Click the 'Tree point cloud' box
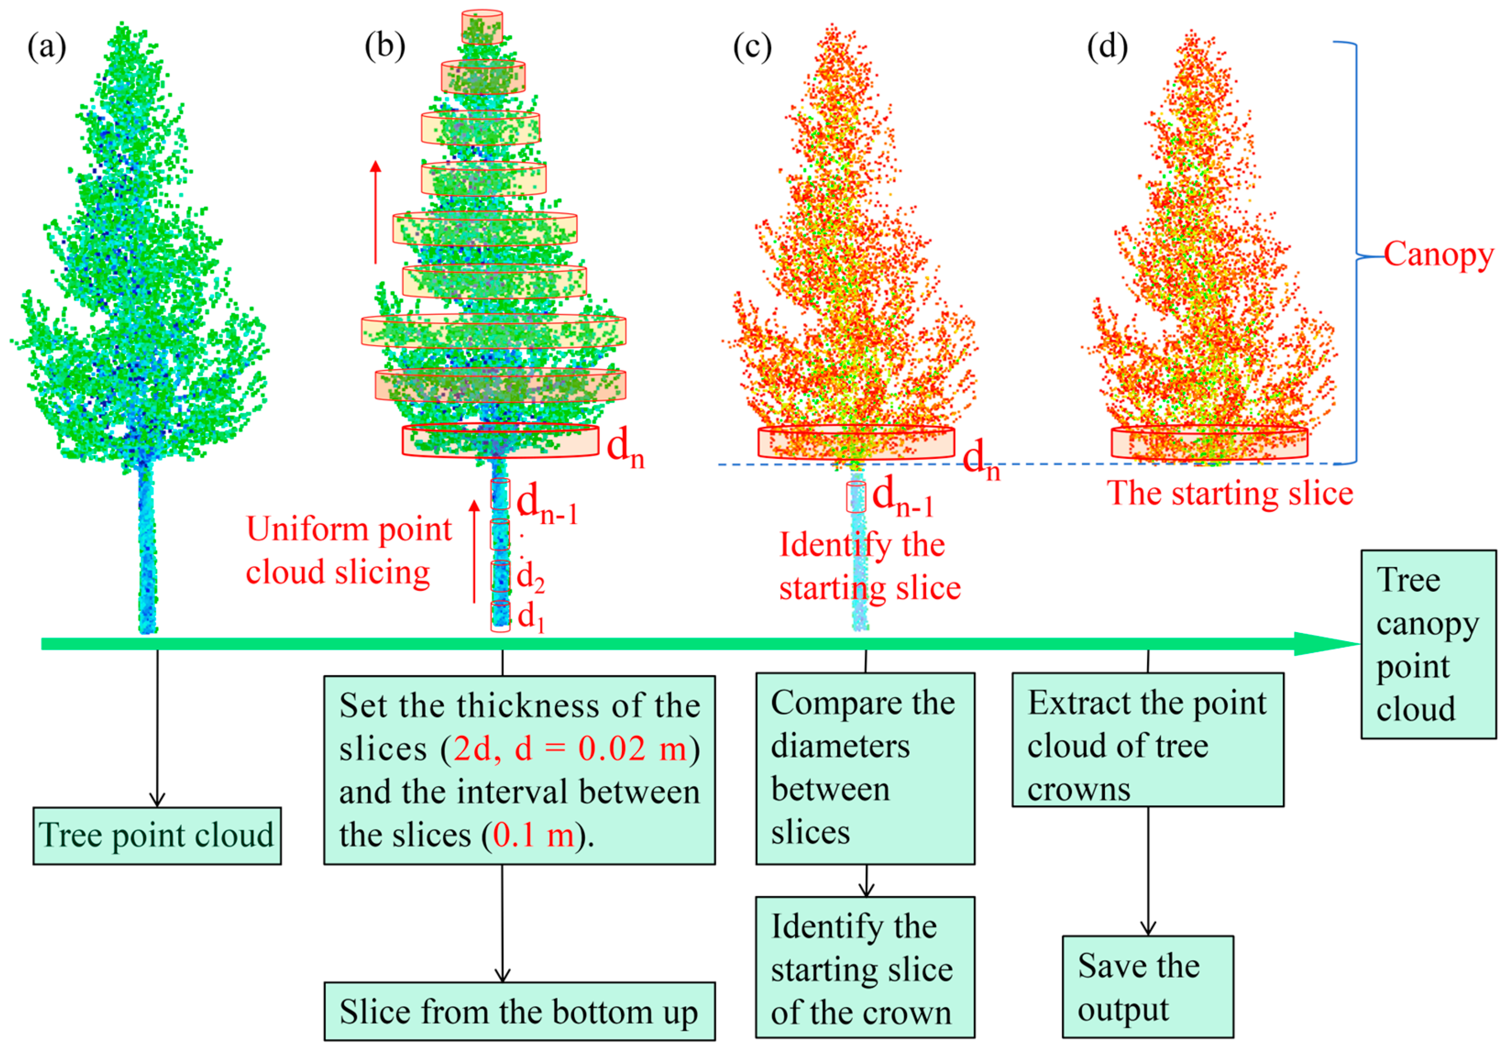[x=157, y=836]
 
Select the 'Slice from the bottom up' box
[x=519, y=1011]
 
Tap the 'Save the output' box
[x=1147, y=987]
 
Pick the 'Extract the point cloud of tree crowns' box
[x=1147, y=739]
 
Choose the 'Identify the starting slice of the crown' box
[x=865, y=967]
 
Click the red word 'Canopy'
[x=1438, y=255]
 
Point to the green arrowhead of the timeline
[x=1327, y=644]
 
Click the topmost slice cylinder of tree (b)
[x=482, y=27]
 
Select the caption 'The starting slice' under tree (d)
[x=1229, y=494]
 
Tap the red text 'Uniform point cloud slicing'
[x=348, y=550]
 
